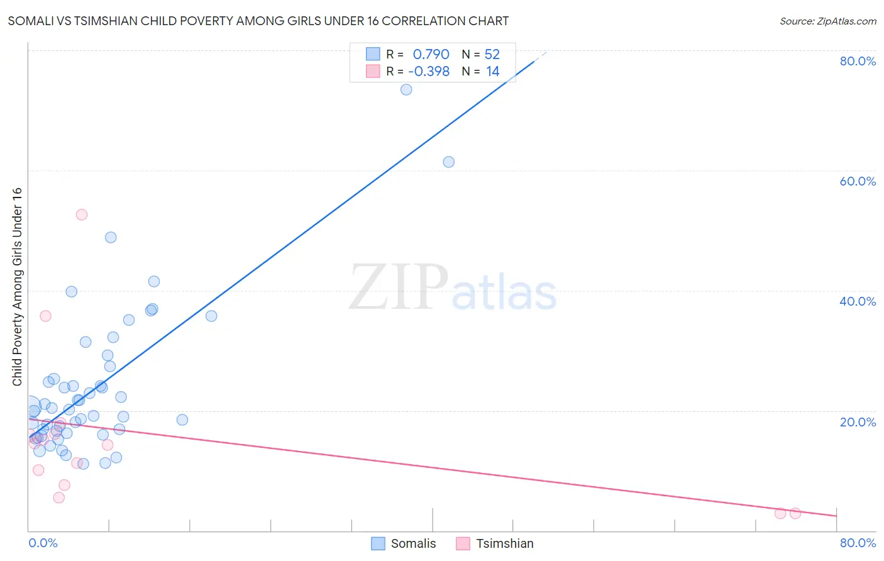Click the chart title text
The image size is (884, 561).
258,21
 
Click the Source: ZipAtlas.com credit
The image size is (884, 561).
827,21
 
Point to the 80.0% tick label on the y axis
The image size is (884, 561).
858,61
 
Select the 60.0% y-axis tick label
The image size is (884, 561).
858,181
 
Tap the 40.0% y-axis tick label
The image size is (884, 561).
858,301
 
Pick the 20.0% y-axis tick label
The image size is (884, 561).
858,422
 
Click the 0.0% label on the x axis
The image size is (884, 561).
43,543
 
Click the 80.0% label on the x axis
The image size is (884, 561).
858,543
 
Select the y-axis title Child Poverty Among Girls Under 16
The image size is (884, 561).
17,287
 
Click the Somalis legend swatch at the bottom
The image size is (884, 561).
378,543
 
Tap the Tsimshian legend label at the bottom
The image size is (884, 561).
504,543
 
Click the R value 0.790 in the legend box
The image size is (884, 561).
431,55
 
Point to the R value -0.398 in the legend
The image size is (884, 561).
429,72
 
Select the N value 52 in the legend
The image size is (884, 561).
492,55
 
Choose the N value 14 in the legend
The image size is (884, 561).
492,72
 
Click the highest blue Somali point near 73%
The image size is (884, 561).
406,89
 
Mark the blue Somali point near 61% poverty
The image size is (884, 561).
448,162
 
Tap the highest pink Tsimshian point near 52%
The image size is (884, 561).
81,214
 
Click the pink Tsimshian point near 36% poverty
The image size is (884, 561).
45,316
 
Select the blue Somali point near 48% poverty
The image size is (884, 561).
111,237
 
